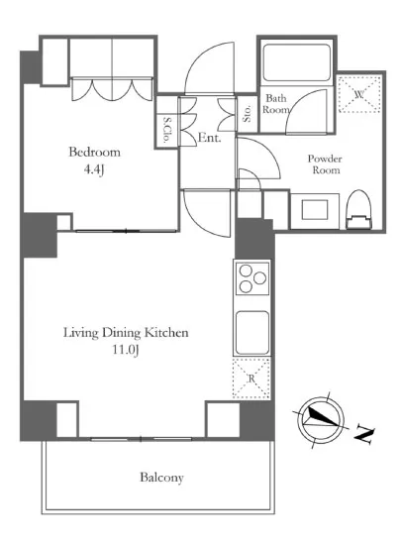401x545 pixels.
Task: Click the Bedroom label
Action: click(x=94, y=152)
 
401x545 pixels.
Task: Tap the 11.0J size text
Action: click(x=126, y=350)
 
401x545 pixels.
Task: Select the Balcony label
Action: click(x=161, y=478)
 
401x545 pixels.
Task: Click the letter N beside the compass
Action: click(x=363, y=434)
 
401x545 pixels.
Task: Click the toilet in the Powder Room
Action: click(x=359, y=209)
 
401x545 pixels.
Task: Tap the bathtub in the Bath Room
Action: click(x=296, y=62)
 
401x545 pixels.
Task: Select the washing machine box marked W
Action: click(x=359, y=94)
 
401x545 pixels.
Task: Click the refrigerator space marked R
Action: click(x=251, y=379)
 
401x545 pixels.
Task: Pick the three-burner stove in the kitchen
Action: click(x=252, y=278)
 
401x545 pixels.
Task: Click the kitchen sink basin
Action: click(x=252, y=333)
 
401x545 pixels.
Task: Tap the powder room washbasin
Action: click(x=315, y=210)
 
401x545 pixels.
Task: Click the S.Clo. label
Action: click(x=167, y=130)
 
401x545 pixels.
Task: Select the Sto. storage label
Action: click(x=247, y=114)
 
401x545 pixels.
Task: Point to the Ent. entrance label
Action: click(x=209, y=138)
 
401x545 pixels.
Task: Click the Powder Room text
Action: click(x=325, y=164)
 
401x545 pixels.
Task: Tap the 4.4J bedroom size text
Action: click(x=94, y=169)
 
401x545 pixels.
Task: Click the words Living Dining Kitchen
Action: click(x=126, y=333)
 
